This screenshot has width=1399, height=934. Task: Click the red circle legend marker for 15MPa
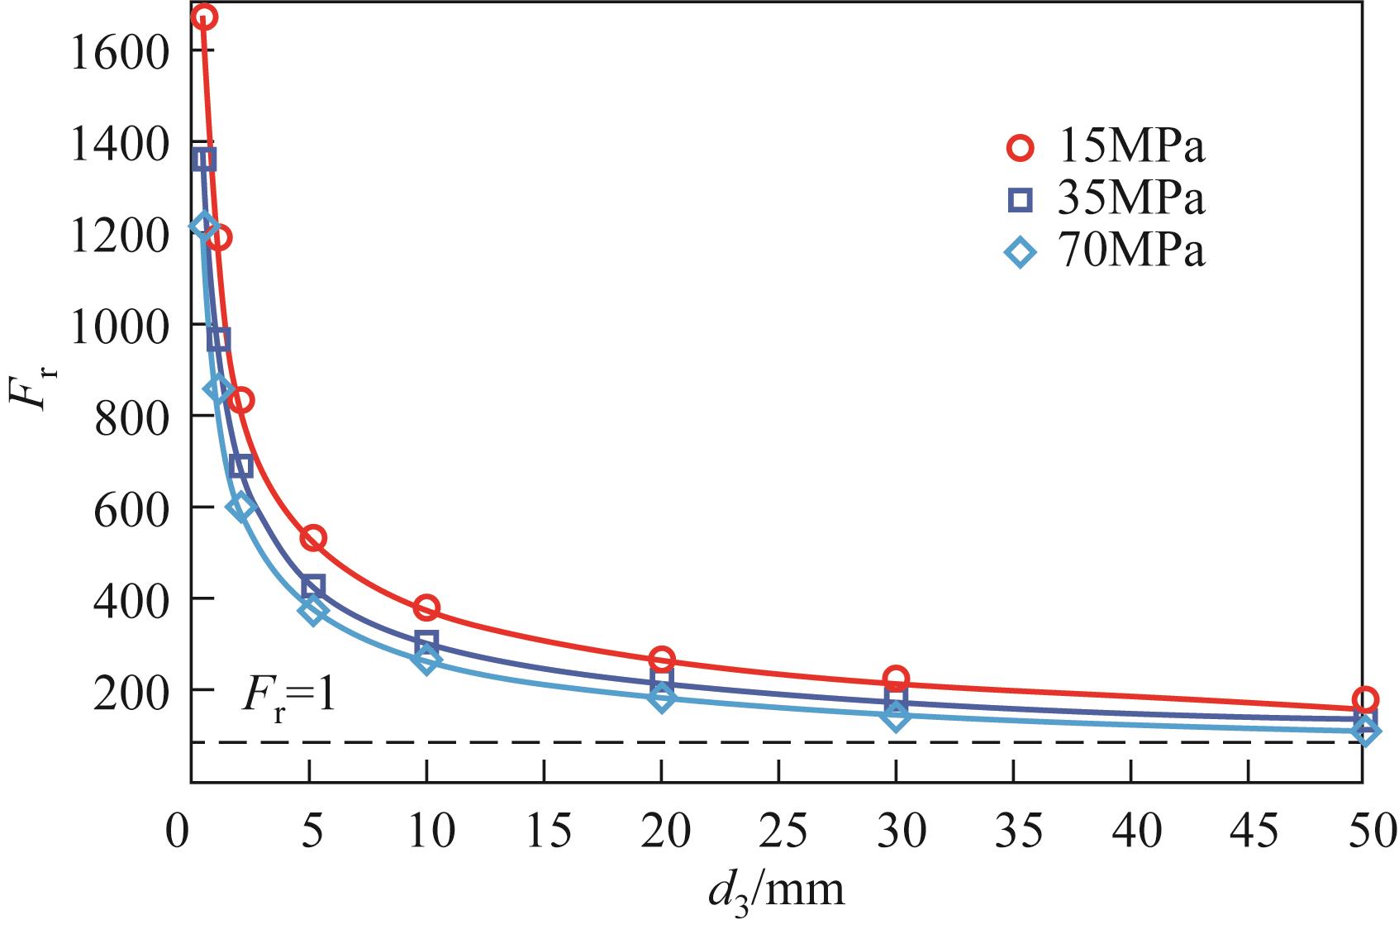(1021, 149)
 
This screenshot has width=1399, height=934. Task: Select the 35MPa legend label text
(1129, 199)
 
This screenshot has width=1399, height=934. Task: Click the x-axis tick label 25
(779, 832)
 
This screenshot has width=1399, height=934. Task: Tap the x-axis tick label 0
(176, 832)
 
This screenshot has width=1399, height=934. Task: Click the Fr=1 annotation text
(288, 698)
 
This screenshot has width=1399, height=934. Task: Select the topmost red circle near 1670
(204, 17)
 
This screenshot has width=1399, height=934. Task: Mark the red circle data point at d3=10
(426, 608)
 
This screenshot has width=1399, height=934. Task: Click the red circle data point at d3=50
(1365, 699)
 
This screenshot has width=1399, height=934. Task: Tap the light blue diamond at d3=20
(661, 698)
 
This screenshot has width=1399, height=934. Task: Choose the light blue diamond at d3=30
(896, 717)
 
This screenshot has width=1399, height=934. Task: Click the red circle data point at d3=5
(312, 539)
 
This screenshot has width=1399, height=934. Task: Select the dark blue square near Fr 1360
(204, 160)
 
